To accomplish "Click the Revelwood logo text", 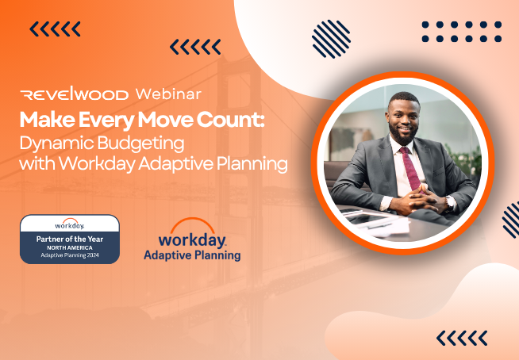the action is [x=74, y=94].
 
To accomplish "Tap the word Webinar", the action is [x=168, y=94].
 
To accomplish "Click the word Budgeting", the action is [x=141, y=143].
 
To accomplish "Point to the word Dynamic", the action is [x=56, y=143].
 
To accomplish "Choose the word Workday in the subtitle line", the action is [x=97, y=164].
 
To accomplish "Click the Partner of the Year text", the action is [x=70, y=239].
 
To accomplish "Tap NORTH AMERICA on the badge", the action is [x=70, y=248].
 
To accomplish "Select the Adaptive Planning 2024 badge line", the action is [x=70, y=255].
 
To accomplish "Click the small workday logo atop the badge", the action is [x=70, y=224].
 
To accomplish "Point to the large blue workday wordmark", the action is [x=192, y=240].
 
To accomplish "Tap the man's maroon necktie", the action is [x=411, y=169].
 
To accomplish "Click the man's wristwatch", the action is [x=449, y=202].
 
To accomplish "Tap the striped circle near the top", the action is [x=331, y=39].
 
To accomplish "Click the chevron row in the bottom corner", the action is [x=462, y=338].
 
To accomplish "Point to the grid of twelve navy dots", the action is [x=462, y=32].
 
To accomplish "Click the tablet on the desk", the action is [x=367, y=218].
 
